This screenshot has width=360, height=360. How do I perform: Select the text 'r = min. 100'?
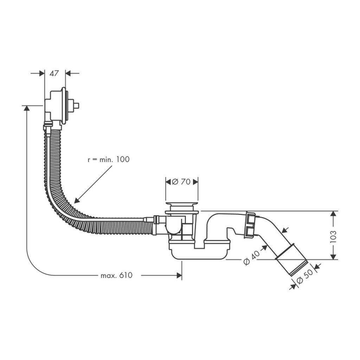108,159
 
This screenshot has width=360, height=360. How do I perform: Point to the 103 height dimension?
334,235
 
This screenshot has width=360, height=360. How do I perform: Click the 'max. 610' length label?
116,275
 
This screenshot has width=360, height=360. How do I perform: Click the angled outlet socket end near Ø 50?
291,265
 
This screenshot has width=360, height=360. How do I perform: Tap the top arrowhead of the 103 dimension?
334,213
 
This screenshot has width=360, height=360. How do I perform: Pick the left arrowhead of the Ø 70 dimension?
168,182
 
